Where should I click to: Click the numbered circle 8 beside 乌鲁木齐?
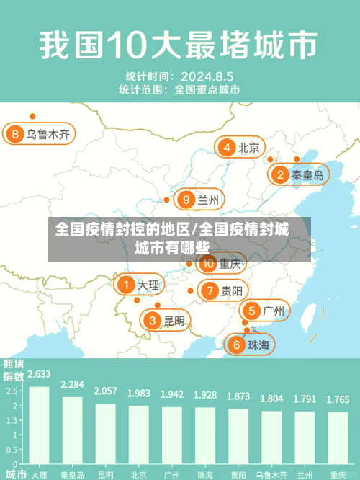[x=15, y=134]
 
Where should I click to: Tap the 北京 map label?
[x=248, y=148]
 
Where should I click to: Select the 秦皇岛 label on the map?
[x=308, y=174]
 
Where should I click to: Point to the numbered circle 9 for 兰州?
[x=186, y=200]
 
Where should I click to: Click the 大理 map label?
[x=148, y=285]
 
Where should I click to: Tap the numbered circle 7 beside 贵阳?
[x=210, y=291]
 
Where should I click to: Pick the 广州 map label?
[x=273, y=311]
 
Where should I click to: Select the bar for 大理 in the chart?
[x=39, y=425]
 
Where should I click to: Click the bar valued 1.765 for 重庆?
[x=338, y=437]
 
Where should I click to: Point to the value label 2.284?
[x=72, y=384]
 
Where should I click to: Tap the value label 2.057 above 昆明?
[x=105, y=391]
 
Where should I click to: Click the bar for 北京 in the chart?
[x=138, y=433]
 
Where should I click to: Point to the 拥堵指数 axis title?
[x=13, y=369]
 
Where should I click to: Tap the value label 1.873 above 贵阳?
[x=238, y=396]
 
